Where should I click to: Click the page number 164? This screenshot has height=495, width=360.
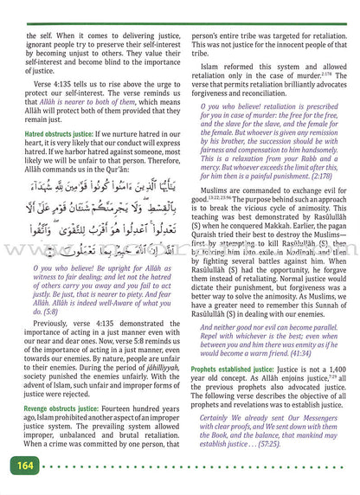click(21, 467)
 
